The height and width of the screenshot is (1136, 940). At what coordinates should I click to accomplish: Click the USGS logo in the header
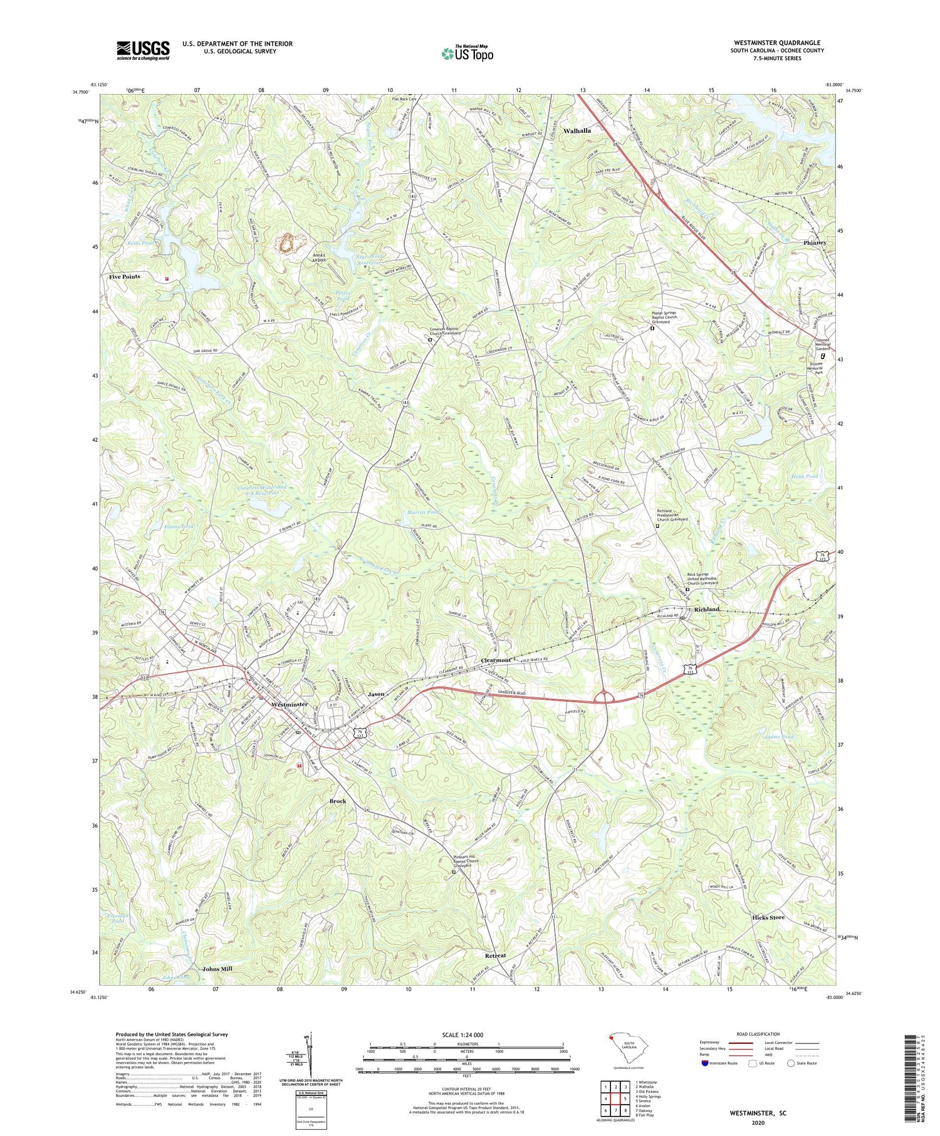(x=143, y=50)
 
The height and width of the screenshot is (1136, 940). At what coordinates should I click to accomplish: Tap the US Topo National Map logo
(x=467, y=53)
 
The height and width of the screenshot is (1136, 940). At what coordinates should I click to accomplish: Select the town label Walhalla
(x=577, y=131)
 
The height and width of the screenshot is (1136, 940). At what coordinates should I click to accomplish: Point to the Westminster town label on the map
(x=290, y=704)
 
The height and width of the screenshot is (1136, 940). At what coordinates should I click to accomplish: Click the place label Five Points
(x=125, y=276)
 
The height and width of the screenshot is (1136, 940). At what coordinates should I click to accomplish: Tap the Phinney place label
(x=815, y=242)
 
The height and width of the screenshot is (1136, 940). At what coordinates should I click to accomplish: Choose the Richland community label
(x=706, y=609)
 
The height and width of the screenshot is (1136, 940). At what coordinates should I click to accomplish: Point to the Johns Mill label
(x=217, y=969)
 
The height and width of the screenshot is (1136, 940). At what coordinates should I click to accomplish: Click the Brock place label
(x=338, y=801)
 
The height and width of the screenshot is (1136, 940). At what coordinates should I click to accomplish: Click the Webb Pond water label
(x=805, y=477)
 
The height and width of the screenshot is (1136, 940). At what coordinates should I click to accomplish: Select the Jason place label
(x=376, y=694)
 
